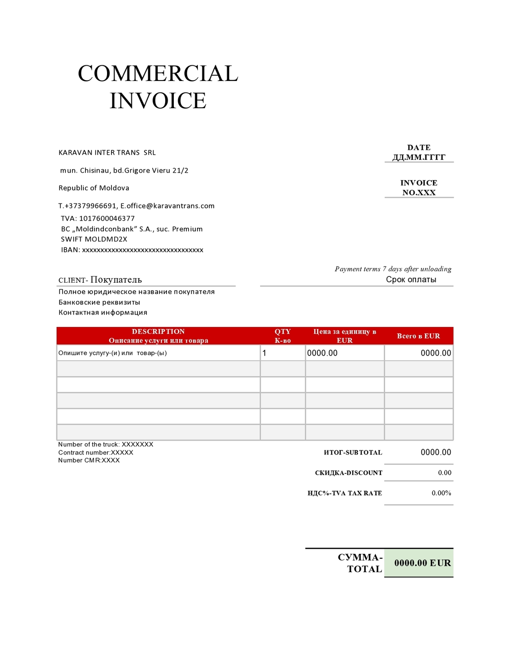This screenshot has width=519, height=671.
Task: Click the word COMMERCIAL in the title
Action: tap(158, 74)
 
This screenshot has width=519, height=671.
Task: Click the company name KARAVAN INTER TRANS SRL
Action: tap(107, 153)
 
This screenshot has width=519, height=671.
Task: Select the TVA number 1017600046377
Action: tap(107, 218)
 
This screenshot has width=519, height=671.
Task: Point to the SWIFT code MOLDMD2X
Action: tap(106, 239)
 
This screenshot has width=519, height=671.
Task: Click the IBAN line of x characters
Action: tap(142, 250)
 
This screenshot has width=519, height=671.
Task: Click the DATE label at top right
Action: tap(419, 148)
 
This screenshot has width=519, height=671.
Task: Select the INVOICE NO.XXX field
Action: tap(419, 188)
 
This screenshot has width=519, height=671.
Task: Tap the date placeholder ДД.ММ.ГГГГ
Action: tap(419, 157)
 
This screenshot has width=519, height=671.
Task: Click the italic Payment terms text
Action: tap(393, 269)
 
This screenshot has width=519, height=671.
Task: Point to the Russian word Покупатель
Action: tap(116, 280)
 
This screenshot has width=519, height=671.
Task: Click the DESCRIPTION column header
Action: tap(158, 331)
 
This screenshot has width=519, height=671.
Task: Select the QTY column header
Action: tap(283, 331)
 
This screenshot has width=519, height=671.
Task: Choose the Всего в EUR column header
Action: tap(418, 336)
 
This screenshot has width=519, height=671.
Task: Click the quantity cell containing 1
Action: tap(283, 353)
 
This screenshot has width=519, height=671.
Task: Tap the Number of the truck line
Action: tap(106, 444)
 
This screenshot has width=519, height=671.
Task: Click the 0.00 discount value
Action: tap(444, 473)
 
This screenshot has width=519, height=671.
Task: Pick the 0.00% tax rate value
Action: tap(441, 493)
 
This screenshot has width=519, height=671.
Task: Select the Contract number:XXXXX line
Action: tap(96, 452)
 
